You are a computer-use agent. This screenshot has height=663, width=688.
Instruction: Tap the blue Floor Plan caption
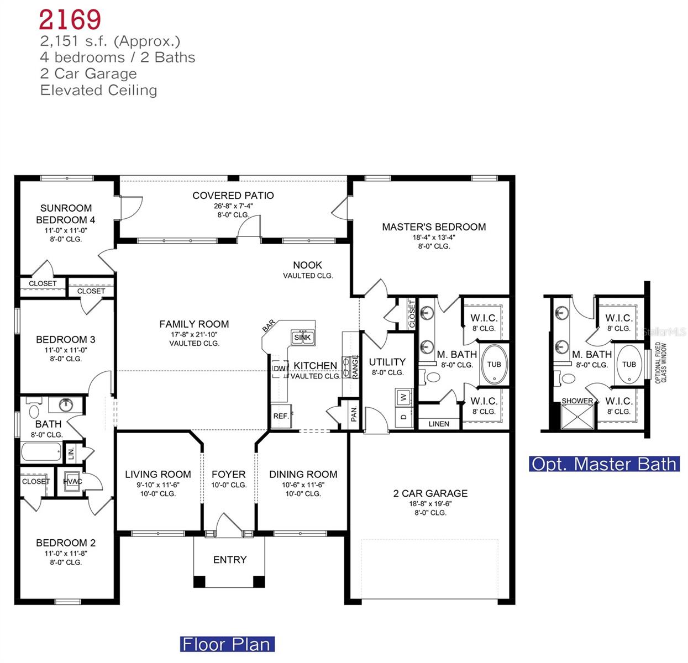tap(227, 644)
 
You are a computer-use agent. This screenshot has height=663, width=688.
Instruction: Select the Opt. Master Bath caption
tap(604, 464)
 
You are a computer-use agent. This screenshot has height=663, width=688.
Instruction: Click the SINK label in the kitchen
tap(302, 337)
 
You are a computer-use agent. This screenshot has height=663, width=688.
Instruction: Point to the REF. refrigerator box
tap(281, 416)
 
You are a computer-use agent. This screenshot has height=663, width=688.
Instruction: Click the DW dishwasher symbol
tap(280, 369)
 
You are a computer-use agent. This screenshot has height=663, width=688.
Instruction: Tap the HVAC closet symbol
tap(72, 481)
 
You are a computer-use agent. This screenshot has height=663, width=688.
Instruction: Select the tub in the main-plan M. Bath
tap(494, 364)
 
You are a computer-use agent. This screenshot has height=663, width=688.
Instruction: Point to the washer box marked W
tap(404, 397)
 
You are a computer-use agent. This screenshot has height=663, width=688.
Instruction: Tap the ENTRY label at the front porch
tap(229, 560)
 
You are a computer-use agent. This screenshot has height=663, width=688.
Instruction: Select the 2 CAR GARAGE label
tap(430, 493)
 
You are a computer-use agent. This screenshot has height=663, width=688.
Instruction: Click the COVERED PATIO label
tap(233, 196)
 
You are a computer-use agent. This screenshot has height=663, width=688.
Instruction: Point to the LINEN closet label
tap(439, 424)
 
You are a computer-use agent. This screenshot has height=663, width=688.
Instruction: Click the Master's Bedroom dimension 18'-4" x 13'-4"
tap(434, 238)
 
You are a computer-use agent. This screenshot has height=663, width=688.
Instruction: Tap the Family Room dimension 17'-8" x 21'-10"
tap(194, 334)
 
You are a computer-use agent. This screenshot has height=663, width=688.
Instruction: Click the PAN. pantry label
tap(354, 414)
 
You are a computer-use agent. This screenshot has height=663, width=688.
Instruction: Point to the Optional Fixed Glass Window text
tap(660, 363)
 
